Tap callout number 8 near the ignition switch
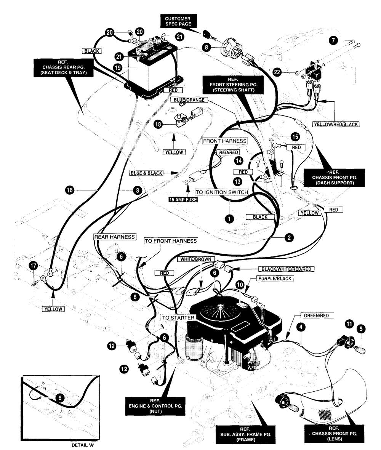[x=206, y=47]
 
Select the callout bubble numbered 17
[x=33, y=266]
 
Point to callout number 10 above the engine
[x=240, y=285]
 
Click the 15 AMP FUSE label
[x=183, y=199]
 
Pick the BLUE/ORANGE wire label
[x=189, y=100]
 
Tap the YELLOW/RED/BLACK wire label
[x=336, y=125]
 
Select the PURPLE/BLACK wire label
[x=275, y=279]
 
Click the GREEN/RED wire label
[x=316, y=315]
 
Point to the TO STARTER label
[x=178, y=318]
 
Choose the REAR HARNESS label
[x=115, y=237]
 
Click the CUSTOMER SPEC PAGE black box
[x=178, y=21]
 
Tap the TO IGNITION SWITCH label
[x=222, y=192]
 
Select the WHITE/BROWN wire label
[x=196, y=259]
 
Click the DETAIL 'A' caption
[x=83, y=445]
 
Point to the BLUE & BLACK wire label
[x=147, y=173]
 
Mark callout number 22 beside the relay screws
[x=277, y=72]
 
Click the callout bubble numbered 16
[x=70, y=190]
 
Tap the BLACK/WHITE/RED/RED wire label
[x=287, y=269]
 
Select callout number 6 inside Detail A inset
[x=60, y=398]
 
